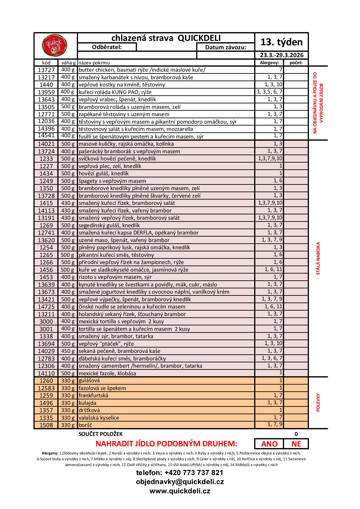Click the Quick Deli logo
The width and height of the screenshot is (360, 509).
pyautogui.click(x=55, y=46)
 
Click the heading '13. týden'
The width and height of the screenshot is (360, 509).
pyautogui.click(x=281, y=42)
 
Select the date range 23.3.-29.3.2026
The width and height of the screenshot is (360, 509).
pyautogui.click(x=281, y=55)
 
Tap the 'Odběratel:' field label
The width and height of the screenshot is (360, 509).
pyautogui.click(x=107, y=47)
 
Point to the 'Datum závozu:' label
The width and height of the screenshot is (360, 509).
pyautogui.click(x=226, y=47)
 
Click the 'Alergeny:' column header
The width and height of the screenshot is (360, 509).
pyautogui.click(x=269, y=63)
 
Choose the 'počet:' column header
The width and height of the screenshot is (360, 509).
pyautogui.click(x=296, y=63)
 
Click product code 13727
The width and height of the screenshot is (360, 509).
pyautogui.click(x=46, y=70)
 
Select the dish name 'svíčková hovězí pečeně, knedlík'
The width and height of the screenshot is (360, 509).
pyautogui.click(x=117, y=159)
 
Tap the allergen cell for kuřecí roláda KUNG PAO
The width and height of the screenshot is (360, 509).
pyautogui.click(x=269, y=92)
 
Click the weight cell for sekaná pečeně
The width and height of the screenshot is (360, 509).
pyautogui.click(x=68, y=351)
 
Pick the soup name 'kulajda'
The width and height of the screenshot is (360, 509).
pyautogui.click(x=87, y=403)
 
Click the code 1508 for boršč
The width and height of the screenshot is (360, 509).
pyautogui.click(x=46, y=425)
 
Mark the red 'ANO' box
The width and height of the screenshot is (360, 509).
pyautogui.click(x=269, y=444)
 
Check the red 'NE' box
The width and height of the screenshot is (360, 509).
pyautogui.click(x=296, y=444)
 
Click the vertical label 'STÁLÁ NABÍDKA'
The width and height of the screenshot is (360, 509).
pyautogui.click(x=318, y=258)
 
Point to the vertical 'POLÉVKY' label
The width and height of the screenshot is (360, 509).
pyautogui.click(x=318, y=402)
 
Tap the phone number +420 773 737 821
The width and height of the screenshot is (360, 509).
pyautogui.click(x=180, y=473)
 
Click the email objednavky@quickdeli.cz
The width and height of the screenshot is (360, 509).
pyautogui.click(x=180, y=482)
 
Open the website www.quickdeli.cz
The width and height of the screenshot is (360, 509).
pyautogui.click(x=180, y=491)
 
